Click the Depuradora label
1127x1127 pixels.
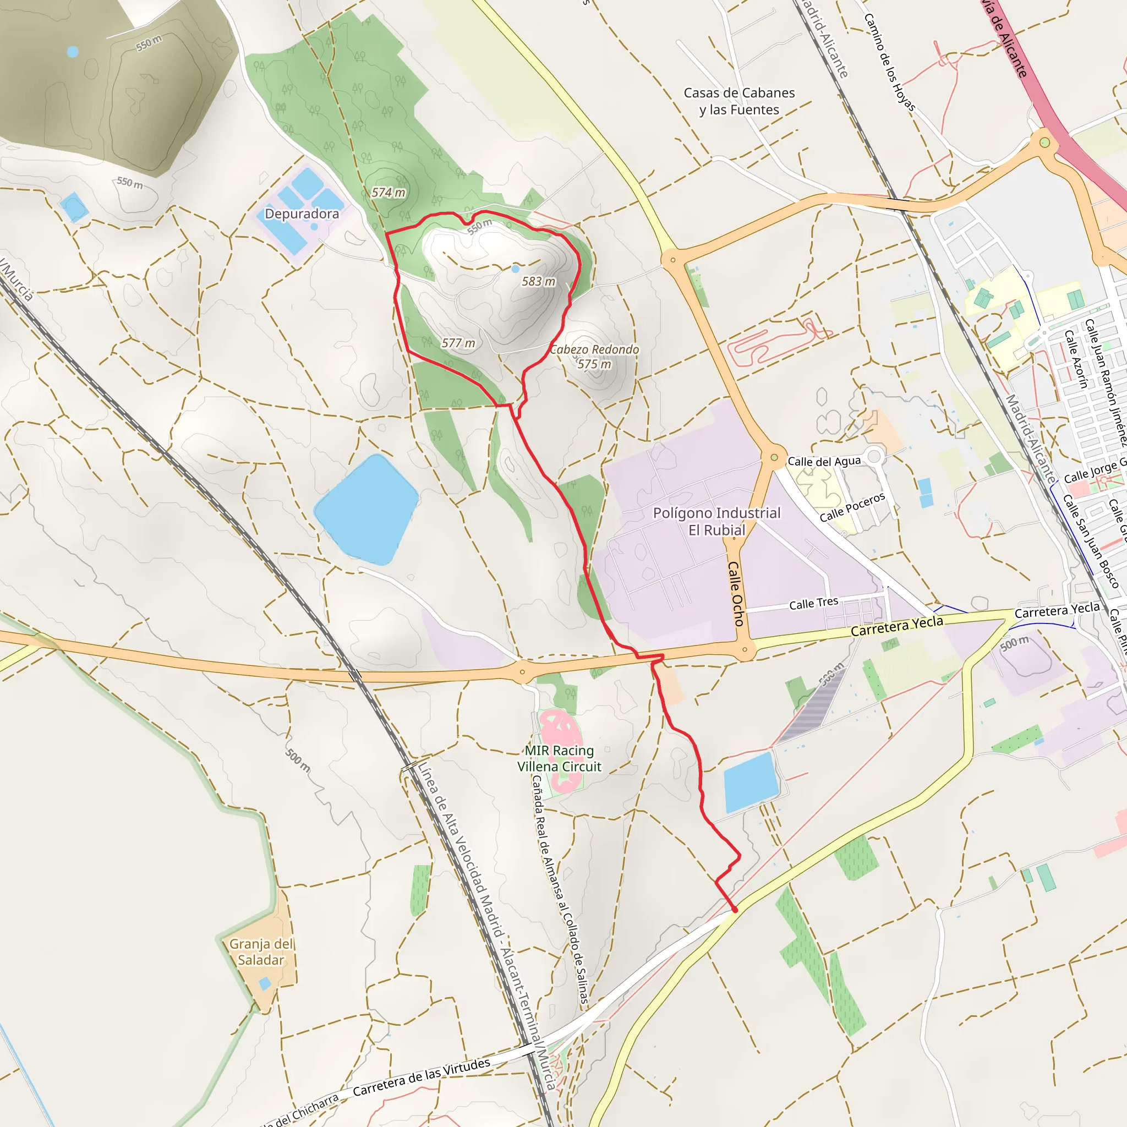(x=302, y=214)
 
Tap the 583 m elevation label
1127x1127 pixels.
(x=538, y=282)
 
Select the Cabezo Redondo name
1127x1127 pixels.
(x=594, y=349)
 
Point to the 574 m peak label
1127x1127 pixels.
(x=389, y=193)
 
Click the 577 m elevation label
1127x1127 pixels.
(x=458, y=343)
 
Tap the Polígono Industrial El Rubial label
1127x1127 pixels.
(x=716, y=522)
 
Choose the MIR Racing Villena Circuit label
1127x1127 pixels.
(x=559, y=758)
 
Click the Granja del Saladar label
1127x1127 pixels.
(x=261, y=952)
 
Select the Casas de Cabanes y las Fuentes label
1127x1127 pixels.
(x=739, y=101)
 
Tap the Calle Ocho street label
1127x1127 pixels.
(x=736, y=594)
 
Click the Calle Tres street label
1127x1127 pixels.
(x=813, y=604)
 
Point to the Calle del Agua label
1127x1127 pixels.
(x=824, y=461)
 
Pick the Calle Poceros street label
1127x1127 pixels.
(x=852, y=507)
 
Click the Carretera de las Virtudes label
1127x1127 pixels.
(x=421, y=1077)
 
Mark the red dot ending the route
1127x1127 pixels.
(x=735, y=910)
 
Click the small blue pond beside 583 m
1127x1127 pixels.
(x=515, y=269)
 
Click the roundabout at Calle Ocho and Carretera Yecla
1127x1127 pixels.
(x=745, y=649)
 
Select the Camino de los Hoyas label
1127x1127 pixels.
(x=889, y=62)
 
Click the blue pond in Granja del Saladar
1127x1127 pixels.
(x=265, y=984)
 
